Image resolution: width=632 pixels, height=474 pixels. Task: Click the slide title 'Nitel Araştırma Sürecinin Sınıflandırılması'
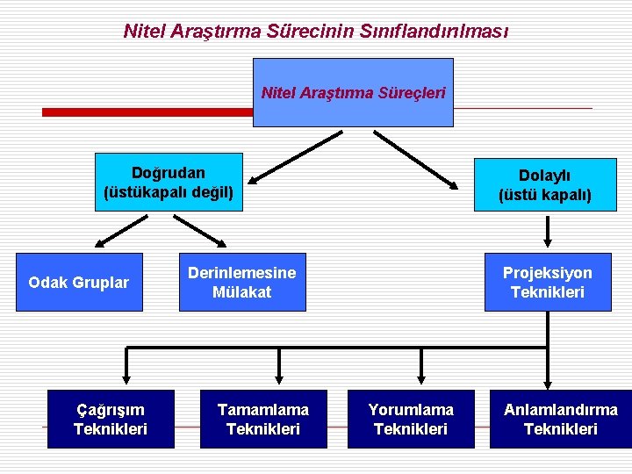316,32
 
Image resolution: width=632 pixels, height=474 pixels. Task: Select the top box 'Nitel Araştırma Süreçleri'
353,92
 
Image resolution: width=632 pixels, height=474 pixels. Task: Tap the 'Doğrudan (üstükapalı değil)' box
169,183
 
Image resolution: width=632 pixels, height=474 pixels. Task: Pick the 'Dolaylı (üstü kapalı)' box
545,185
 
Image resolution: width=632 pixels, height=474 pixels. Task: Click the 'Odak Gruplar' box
78,283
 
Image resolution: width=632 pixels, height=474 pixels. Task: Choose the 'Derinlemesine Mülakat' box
242,283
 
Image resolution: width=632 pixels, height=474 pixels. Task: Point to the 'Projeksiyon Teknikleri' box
547,283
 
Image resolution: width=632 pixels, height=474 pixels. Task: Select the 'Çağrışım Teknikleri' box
111,420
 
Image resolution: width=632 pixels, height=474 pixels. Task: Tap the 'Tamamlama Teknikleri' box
263,420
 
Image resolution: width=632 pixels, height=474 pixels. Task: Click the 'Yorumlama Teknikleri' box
411,420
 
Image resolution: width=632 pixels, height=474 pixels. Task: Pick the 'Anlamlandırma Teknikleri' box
560,420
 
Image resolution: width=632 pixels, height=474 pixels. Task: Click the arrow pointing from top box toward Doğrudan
294,158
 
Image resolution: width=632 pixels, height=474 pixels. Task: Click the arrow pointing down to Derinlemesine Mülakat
201,231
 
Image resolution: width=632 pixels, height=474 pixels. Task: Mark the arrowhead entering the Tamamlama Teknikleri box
279,379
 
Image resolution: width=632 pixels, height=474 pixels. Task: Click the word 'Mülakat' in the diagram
242,292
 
